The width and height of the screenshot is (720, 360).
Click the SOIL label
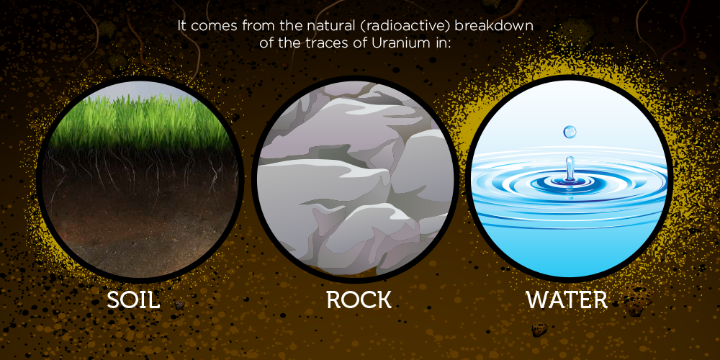click(133, 300)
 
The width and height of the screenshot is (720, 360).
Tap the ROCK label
click(359, 300)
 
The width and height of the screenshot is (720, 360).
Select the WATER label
click(567, 300)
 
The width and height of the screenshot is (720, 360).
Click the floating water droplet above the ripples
click(570, 132)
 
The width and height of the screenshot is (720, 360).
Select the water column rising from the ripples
click(570, 168)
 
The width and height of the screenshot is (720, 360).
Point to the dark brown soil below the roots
click(138, 230)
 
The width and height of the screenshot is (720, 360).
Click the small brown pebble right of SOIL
click(179, 305)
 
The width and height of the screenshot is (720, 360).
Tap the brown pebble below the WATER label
click(539, 329)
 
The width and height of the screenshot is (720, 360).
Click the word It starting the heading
click(182, 26)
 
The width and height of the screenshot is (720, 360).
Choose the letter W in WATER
click(538, 300)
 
